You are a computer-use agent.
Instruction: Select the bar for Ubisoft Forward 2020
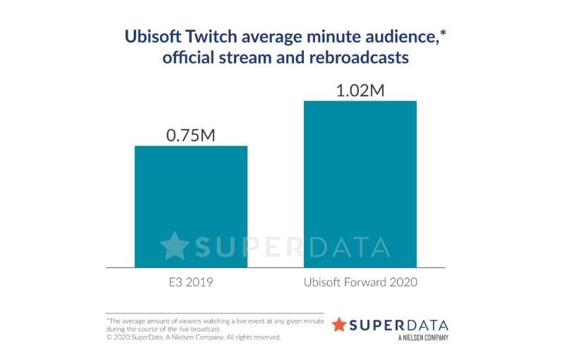(x=360, y=184)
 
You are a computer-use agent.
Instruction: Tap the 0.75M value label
(x=191, y=134)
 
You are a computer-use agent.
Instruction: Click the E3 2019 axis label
(x=191, y=283)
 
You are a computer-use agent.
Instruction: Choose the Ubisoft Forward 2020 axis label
(x=360, y=283)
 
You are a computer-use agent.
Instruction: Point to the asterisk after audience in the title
(x=437, y=32)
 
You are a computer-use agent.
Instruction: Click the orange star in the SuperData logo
(x=339, y=325)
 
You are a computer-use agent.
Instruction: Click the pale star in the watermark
(x=174, y=246)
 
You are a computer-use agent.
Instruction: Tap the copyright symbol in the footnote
(x=109, y=337)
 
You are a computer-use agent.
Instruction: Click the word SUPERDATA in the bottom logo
(x=400, y=325)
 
